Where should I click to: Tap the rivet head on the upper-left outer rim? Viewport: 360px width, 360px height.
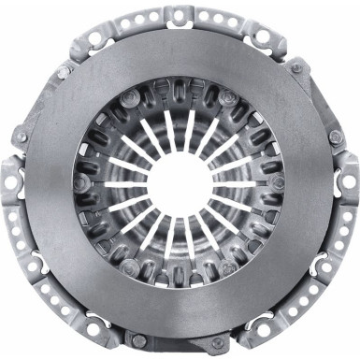[64, 72]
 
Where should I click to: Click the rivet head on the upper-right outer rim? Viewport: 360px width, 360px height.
[296, 66]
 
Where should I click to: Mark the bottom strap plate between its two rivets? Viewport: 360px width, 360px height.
[180, 342]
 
